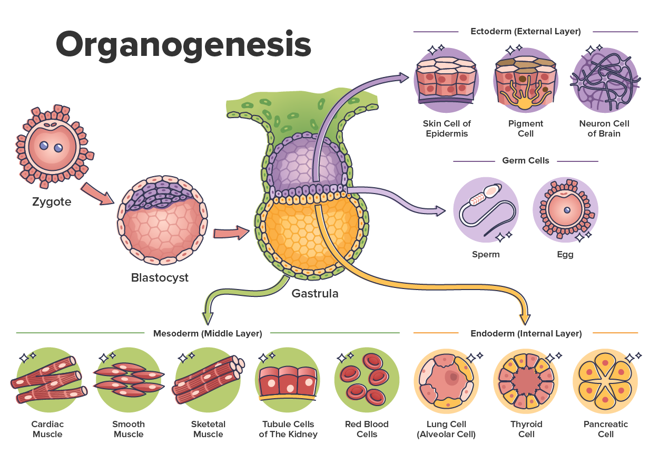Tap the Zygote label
coord(52,201)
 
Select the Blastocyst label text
coord(160,277)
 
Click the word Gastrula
coord(315,293)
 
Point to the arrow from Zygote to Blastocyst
coord(97,194)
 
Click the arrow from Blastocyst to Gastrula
coord(231,233)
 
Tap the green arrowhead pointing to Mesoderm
coord(208,317)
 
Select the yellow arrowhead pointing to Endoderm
coord(525,318)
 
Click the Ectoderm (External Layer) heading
coord(525,32)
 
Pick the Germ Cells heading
coord(525,160)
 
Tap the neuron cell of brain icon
coord(604,80)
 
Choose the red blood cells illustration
coord(367,380)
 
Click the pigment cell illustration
coord(525,80)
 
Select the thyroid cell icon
coord(526,380)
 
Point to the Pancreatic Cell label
coord(606,429)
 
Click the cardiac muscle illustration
coord(48,380)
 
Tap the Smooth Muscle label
coord(129,429)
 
